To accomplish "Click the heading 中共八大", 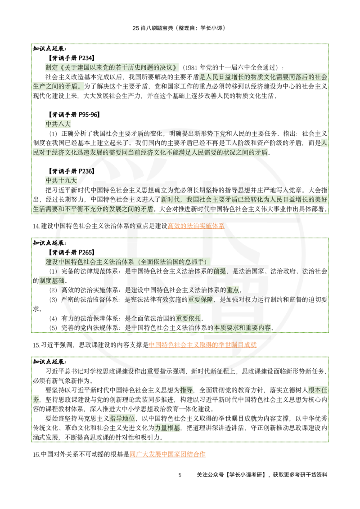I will tap(58, 125).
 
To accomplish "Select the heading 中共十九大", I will tap(61, 181).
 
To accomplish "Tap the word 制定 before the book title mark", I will tap(52, 67).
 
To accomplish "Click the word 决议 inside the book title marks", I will tap(167, 67).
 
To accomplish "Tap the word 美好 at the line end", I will tap(321, 200).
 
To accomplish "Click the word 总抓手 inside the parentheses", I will tap(197, 262).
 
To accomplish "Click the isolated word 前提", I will tap(220, 271).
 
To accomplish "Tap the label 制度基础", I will tap(51, 281).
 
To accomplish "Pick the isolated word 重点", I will tap(233, 290).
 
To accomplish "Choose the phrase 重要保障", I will tap(200, 299).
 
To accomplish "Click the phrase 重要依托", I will tap(188, 318).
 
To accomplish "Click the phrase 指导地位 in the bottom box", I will tap(123, 419).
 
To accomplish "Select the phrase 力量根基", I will tap(167, 429).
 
